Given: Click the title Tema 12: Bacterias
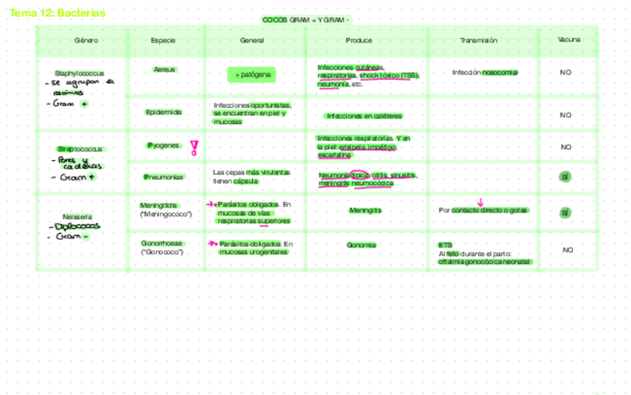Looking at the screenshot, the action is click(x=57, y=13).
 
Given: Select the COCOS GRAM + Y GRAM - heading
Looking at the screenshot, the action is click(x=306, y=20).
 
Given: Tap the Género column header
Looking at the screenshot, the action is click(x=86, y=40).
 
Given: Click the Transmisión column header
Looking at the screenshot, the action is click(x=478, y=40).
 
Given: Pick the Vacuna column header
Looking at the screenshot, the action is click(x=569, y=39).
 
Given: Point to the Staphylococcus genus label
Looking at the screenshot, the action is click(x=80, y=73).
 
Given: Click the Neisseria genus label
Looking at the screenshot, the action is click(x=77, y=216).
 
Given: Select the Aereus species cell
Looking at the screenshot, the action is click(x=164, y=69).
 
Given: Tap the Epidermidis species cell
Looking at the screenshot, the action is click(x=164, y=112).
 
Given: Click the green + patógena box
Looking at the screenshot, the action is click(x=252, y=75).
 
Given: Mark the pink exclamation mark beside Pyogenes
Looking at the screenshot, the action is click(x=194, y=148).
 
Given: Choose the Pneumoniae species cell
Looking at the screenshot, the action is click(x=164, y=177).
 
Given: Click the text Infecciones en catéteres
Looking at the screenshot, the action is click(x=365, y=116).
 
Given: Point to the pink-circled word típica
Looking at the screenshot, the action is click(x=359, y=175).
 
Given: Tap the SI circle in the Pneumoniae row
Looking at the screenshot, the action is click(x=566, y=177).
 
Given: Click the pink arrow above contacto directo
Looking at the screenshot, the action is click(x=481, y=201).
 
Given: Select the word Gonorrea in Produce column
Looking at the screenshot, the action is click(x=362, y=244).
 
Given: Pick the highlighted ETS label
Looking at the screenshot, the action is click(x=445, y=244).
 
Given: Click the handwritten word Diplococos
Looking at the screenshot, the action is click(x=77, y=227).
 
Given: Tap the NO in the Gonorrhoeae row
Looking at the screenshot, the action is click(x=568, y=250).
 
